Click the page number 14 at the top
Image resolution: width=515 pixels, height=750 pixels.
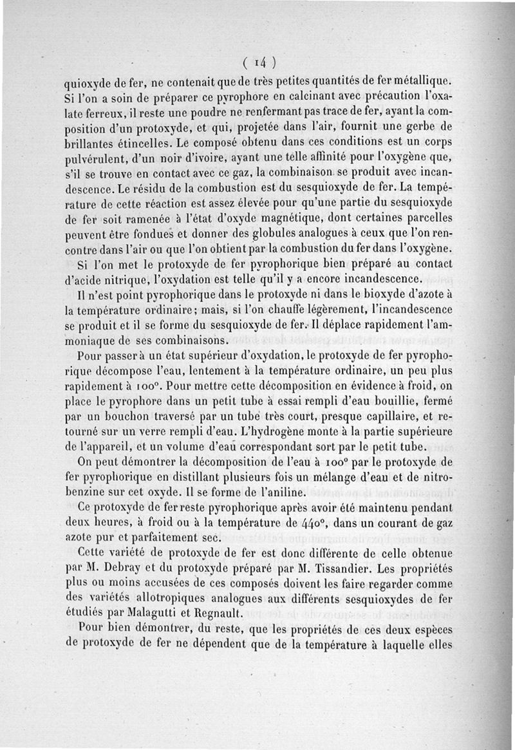pos(260,62)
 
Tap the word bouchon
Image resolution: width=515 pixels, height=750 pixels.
pos(115,416)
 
